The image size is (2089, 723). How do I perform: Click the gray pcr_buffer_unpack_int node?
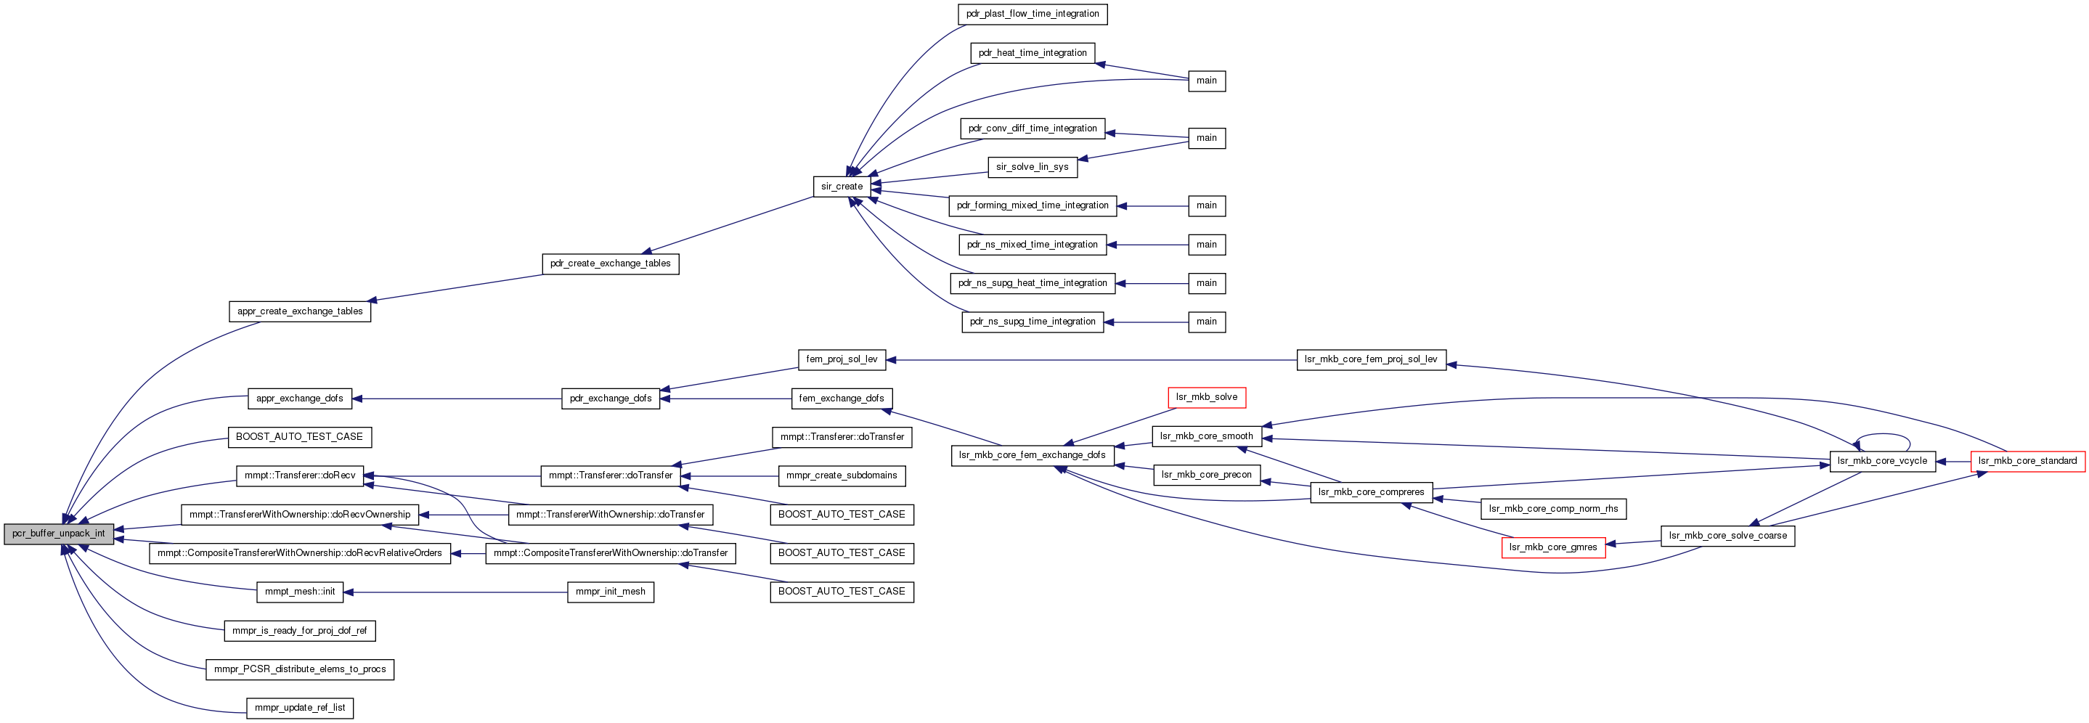(x=58, y=534)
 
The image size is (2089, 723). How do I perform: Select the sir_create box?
(x=842, y=187)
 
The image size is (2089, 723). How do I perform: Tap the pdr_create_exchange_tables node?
(x=610, y=264)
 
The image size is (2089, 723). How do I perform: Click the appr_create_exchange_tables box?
(x=300, y=312)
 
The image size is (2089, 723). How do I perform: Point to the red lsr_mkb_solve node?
(x=1206, y=398)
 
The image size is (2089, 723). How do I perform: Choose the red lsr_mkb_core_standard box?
(x=2027, y=461)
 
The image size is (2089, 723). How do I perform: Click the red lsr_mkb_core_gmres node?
(x=1552, y=548)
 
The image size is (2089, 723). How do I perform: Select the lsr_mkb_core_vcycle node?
(x=1881, y=461)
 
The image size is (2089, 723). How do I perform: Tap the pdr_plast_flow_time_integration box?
(x=1033, y=15)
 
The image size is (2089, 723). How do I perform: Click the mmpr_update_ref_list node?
(x=300, y=708)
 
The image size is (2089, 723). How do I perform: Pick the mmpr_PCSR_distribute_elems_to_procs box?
(x=300, y=669)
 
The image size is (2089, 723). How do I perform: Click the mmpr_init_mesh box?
(x=610, y=592)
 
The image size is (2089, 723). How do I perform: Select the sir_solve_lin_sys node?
(x=1032, y=168)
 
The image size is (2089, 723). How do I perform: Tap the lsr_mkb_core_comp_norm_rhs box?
(x=1553, y=509)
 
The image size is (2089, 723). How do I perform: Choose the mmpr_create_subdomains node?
(x=842, y=475)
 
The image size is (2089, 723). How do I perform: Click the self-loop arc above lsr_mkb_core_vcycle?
(x=1883, y=436)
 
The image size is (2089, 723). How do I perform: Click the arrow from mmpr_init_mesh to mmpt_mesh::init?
(x=454, y=592)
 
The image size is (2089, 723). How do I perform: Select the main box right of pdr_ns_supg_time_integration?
(x=1206, y=322)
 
